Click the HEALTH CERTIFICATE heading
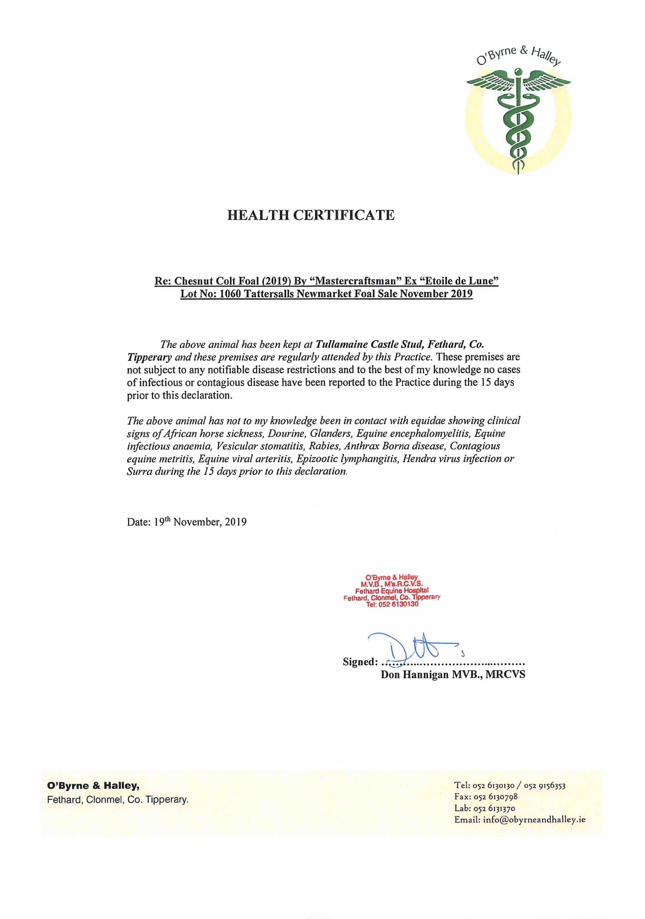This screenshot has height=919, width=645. pyautogui.click(x=311, y=215)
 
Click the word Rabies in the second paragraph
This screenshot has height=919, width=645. pyautogui.click(x=323, y=446)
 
